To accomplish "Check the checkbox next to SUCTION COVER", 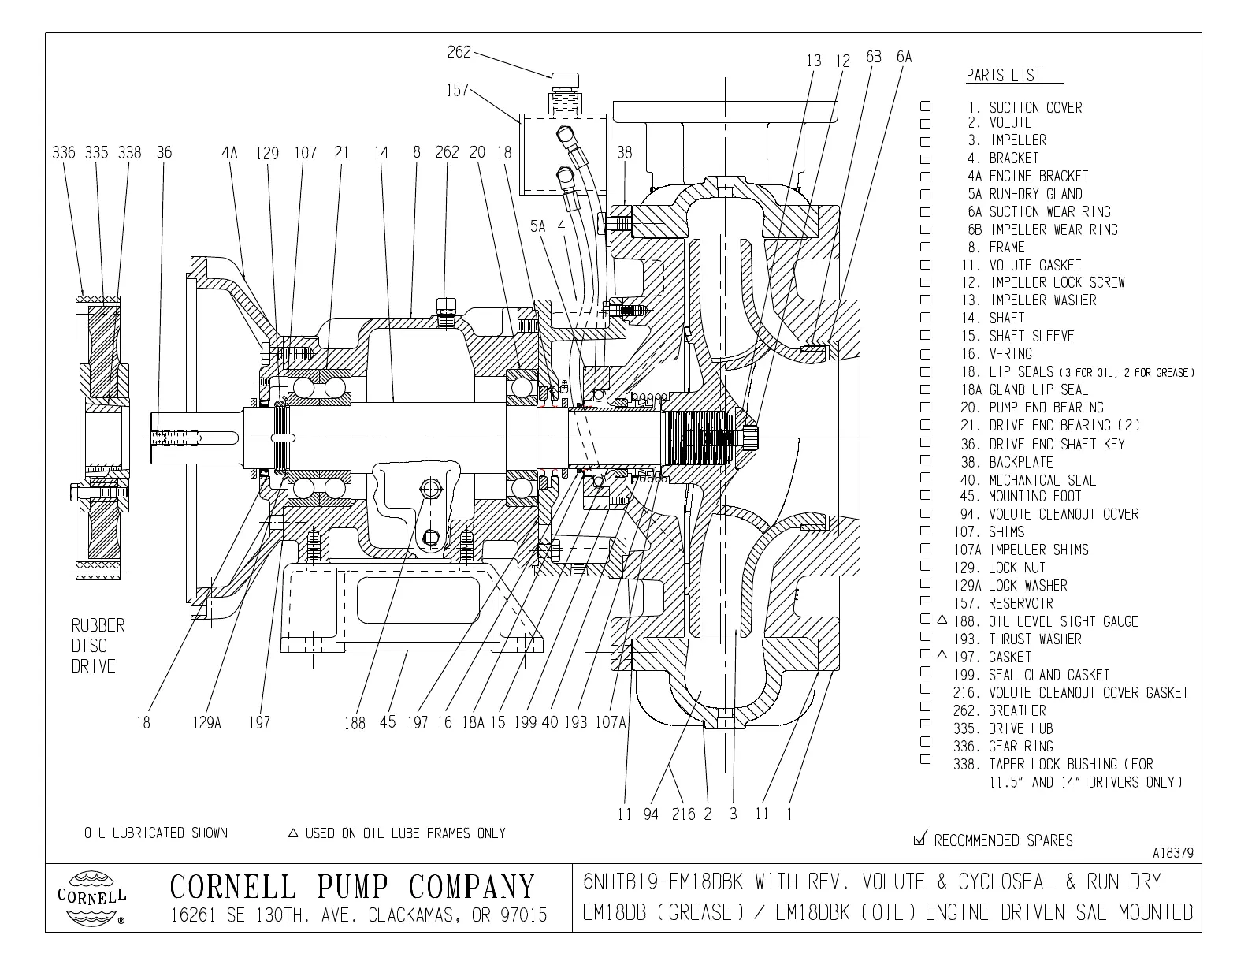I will pyautogui.click(x=926, y=106).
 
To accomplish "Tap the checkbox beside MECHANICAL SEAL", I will pyautogui.click(x=926, y=479).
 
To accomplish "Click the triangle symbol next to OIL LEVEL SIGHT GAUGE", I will pyautogui.click(x=941, y=620).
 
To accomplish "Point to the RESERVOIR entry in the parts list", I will pyautogui.click(x=1020, y=603).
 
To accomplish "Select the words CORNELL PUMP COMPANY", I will pyautogui.click(x=352, y=887).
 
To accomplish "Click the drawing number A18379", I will pyautogui.click(x=1172, y=853).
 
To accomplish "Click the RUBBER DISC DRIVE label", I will pyautogui.click(x=98, y=646).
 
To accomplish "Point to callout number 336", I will pyautogui.click(x=63, y=152).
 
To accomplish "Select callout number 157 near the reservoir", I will pyautogui.click(x=457, y=90).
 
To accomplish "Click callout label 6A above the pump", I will pyautogui.click(x=903, y=57).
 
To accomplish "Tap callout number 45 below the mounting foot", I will pyautogui.click(x=387, y=721).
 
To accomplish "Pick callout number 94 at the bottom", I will pyautogui.click(x=650, y=814).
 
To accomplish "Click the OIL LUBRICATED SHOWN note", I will pyautogui.click(x=156, y=833).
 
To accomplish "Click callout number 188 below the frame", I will pyautogui.click(x=355, y=722).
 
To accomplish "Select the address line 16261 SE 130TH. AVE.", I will pyautogui.click(x=359, y=916).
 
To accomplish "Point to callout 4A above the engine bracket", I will pyautogui.click(x=229, y=152).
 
